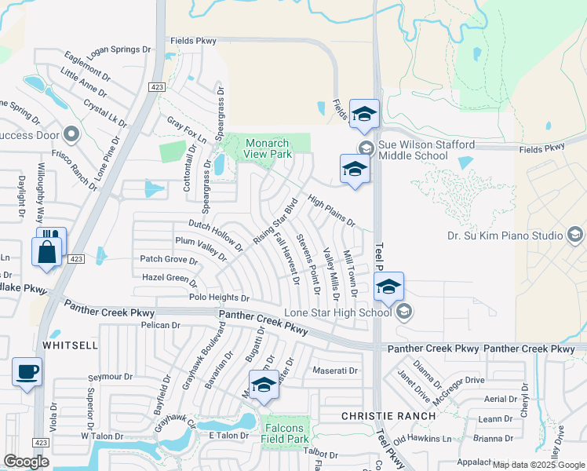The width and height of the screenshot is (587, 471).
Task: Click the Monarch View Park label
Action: coord(268,148)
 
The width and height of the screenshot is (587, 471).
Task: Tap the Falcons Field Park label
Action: coord(286,433)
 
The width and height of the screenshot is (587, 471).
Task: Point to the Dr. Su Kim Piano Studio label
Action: coord(505,235)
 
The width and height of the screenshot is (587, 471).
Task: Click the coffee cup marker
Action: coord(27,372)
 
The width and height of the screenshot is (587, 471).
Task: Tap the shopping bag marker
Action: coord(47,253)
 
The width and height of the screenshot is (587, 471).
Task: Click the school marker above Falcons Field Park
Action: coord(264,385)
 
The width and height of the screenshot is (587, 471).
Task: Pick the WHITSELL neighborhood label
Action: coord(70,345)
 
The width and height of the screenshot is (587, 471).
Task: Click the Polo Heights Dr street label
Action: coord(219,298)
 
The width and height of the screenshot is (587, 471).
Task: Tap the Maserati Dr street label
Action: coord(335,371)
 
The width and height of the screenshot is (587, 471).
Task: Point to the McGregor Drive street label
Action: coord(453,380)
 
